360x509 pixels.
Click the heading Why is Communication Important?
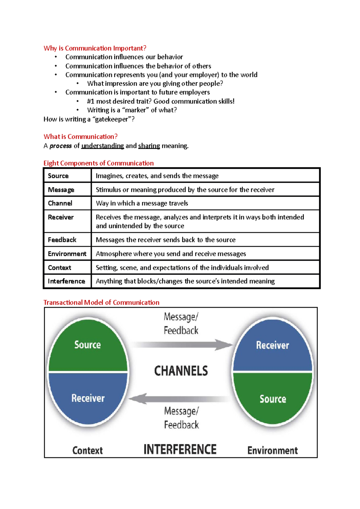coord(95,48)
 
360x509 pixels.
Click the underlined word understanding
coord(103,146)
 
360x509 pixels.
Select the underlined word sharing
coord(149,146)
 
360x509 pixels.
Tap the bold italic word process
coord(61,146)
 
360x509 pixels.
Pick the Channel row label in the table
coord(60,203)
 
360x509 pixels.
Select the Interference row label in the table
coord(66,281)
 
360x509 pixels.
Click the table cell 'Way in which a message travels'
coord(142,203)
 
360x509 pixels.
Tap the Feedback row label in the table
coord(62,240)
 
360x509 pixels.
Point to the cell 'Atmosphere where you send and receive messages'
coord(171,254)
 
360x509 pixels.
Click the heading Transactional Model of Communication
coord(101,302)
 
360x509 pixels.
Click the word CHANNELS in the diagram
coord(181,371)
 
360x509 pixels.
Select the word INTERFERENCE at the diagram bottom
coord(180,450)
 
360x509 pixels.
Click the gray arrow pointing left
coord(180,399)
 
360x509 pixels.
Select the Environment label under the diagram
coord(272,451)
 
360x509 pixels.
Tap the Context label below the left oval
coord(88,451)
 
